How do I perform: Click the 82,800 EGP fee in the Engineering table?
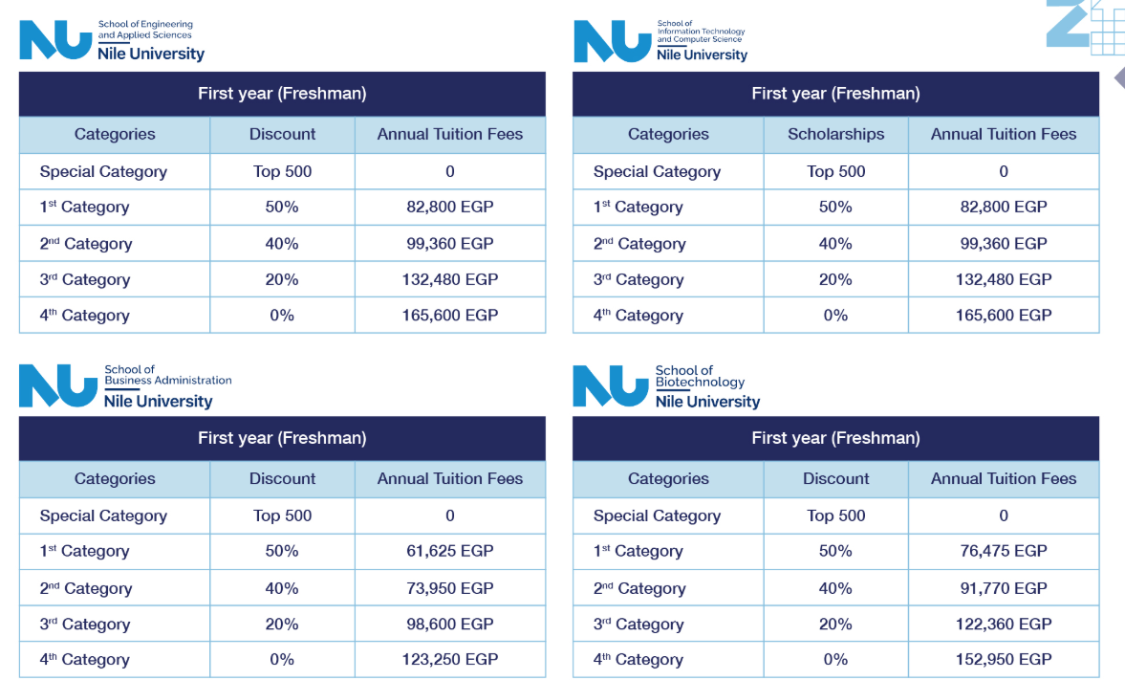(x=449, y=207)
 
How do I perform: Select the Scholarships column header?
(x=835, y=135)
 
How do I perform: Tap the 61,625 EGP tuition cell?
(x=449, y=551)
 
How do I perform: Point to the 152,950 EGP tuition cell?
(x=1004, y=659)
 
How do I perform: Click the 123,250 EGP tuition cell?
(x=449, y=659)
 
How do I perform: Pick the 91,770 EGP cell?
(x=1004, y=588)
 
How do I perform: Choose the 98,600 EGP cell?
(x=449, y=624)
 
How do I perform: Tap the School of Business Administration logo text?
(x=167, y=375)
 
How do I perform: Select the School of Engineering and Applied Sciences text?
(x=145, y=30)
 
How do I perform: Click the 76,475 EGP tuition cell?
(x=1004, y=551)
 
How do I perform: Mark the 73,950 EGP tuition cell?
(x=449, y=588)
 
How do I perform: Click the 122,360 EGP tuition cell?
(x=1004, y=624)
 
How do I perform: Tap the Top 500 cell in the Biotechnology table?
(x=835, y=515)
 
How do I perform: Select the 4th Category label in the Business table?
(x=84, y=660)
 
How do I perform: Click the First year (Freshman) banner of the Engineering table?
(x=282, y=94)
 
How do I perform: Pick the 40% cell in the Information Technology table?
(x=835, y=244)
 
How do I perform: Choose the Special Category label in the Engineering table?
(x=103, y=172)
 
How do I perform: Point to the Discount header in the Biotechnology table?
(x=835, y=479)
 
